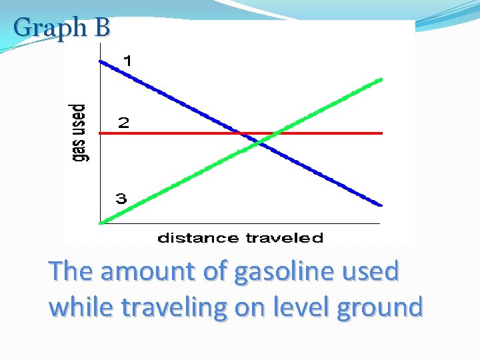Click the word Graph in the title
point(49,27)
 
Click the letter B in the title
point(102,27)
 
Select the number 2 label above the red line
point(124,123)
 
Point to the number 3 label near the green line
point(121,198)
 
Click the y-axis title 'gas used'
point(80,132)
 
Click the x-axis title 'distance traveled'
point(240,238)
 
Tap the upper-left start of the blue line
point(101,61)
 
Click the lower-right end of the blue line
point(381,205)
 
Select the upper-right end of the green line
point(381,79)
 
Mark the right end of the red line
point(382,133)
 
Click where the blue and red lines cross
point(241,133)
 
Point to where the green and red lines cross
point(273,133)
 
